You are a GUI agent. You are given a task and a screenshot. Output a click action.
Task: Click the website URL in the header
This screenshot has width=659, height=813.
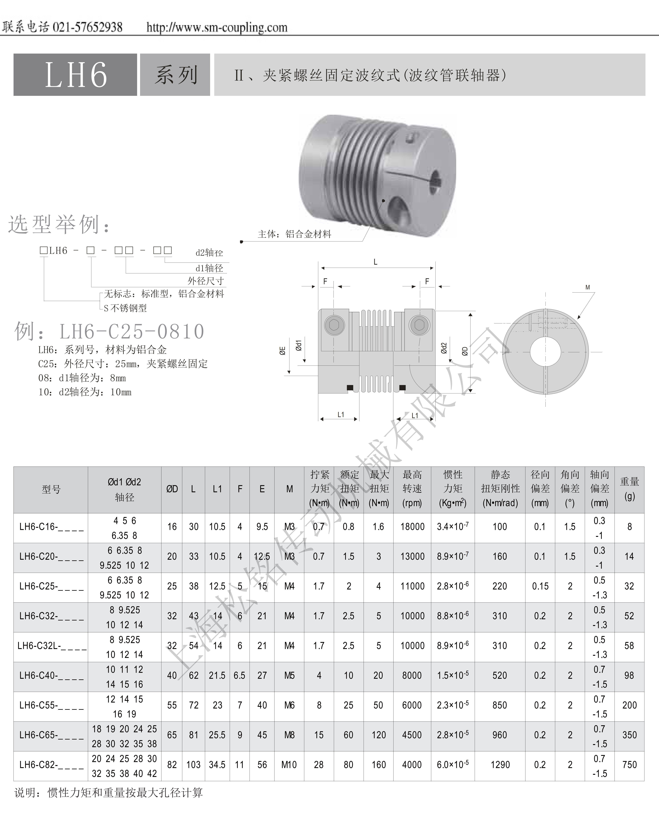point(217,27)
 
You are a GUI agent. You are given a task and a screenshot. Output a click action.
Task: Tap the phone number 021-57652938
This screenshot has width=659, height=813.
point(87,27)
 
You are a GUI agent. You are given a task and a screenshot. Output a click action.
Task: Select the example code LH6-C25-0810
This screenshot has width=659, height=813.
point(132,331)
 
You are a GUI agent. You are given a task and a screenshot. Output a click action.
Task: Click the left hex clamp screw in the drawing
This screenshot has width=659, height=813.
point(334,325)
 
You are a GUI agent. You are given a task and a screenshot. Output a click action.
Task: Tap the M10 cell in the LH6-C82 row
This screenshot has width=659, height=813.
point(289,765)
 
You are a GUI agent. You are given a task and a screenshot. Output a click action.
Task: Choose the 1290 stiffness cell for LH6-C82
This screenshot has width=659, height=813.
point(500,765)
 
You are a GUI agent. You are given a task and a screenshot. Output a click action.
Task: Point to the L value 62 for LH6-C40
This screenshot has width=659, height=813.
point(194,676)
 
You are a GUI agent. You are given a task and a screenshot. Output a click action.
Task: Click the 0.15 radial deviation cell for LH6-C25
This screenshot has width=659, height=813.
point(540,586)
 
